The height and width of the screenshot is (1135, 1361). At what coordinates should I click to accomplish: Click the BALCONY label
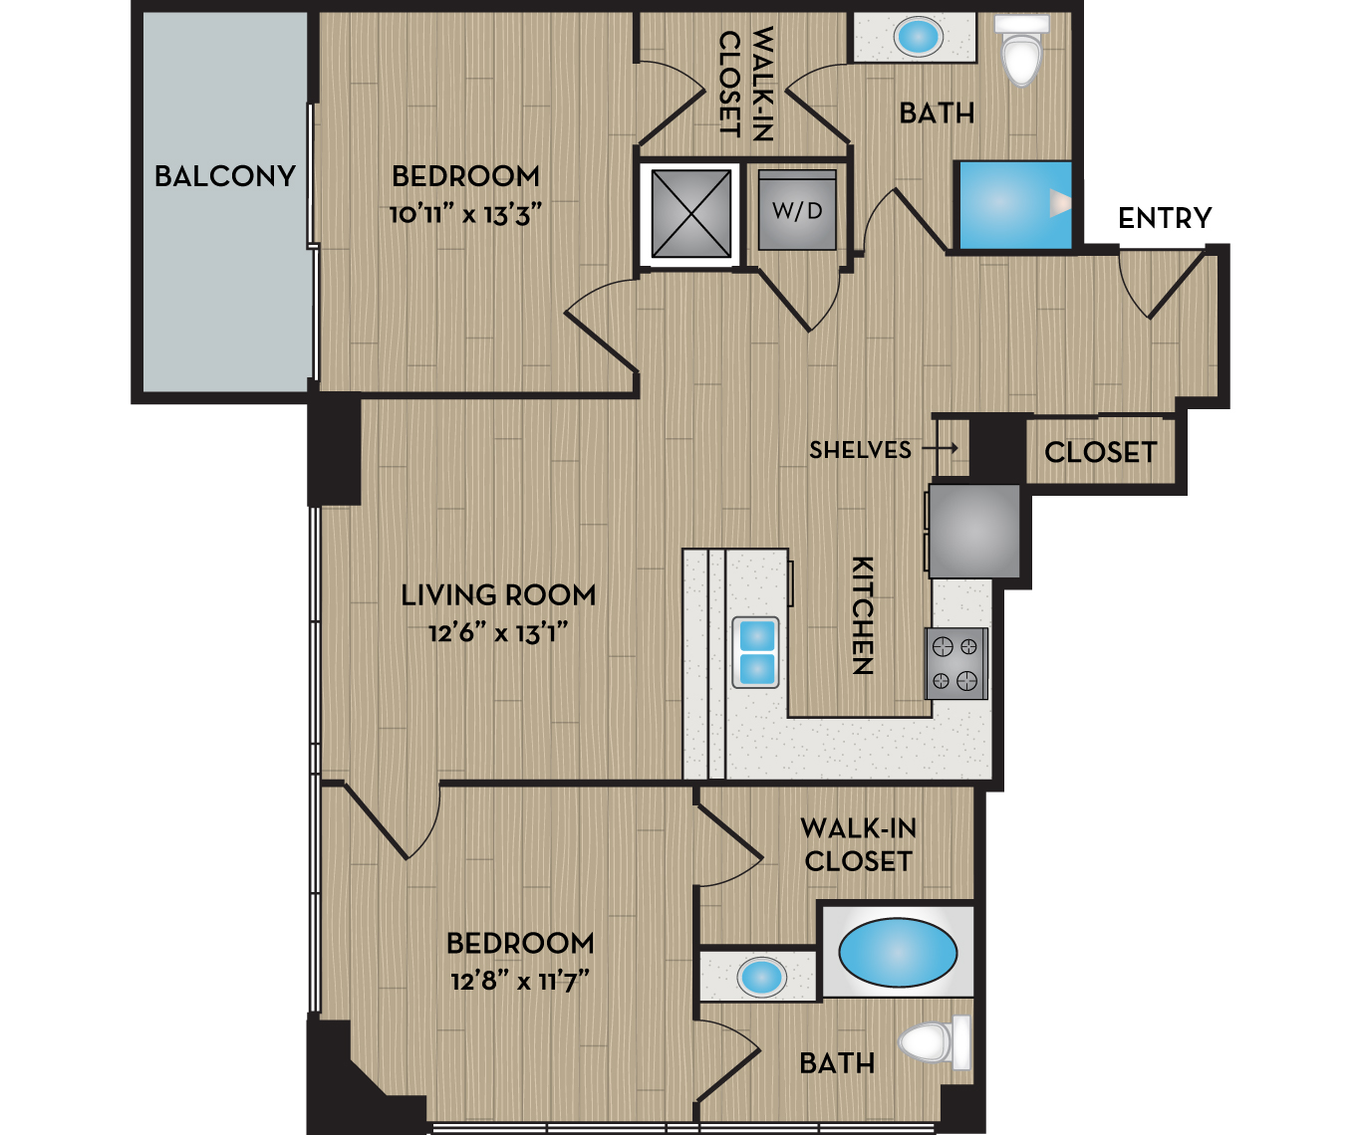click(225, 176)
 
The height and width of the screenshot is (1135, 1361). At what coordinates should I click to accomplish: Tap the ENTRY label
click(1165, 218)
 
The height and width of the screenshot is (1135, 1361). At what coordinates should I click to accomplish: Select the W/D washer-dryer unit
click(797, 210)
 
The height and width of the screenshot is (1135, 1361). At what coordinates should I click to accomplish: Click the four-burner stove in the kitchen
click(955, 663)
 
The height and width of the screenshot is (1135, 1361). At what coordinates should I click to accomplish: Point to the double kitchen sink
click(756, 653)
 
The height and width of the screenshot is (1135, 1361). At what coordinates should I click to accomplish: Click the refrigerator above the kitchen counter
click(974, 531)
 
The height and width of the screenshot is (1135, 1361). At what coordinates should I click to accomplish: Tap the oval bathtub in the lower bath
click(898, 953)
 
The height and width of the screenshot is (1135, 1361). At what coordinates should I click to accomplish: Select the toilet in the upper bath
click(1022, 51)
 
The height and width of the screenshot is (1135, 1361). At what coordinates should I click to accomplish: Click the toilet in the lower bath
click(935, 1042)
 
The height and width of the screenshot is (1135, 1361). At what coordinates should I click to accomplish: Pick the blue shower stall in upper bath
click(1013, 204)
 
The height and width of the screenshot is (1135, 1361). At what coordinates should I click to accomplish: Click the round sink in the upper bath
click(918, 38)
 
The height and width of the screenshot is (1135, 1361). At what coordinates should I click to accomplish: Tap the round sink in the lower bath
click(762, 977)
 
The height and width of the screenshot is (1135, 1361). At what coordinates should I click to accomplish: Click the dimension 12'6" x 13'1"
click(498, 632)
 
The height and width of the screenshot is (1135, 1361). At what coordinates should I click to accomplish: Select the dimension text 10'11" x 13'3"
click(465, 214)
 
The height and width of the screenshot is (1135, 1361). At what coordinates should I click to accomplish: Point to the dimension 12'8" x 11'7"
click(520, 981)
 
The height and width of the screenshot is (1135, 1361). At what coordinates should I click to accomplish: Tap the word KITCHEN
click(862, 615)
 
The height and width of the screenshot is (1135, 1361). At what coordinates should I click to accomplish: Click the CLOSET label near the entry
click(1100, 453)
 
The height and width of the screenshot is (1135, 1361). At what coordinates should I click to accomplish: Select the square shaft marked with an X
click(690, 213)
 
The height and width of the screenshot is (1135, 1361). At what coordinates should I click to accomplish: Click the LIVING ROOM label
click(498, 595)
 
